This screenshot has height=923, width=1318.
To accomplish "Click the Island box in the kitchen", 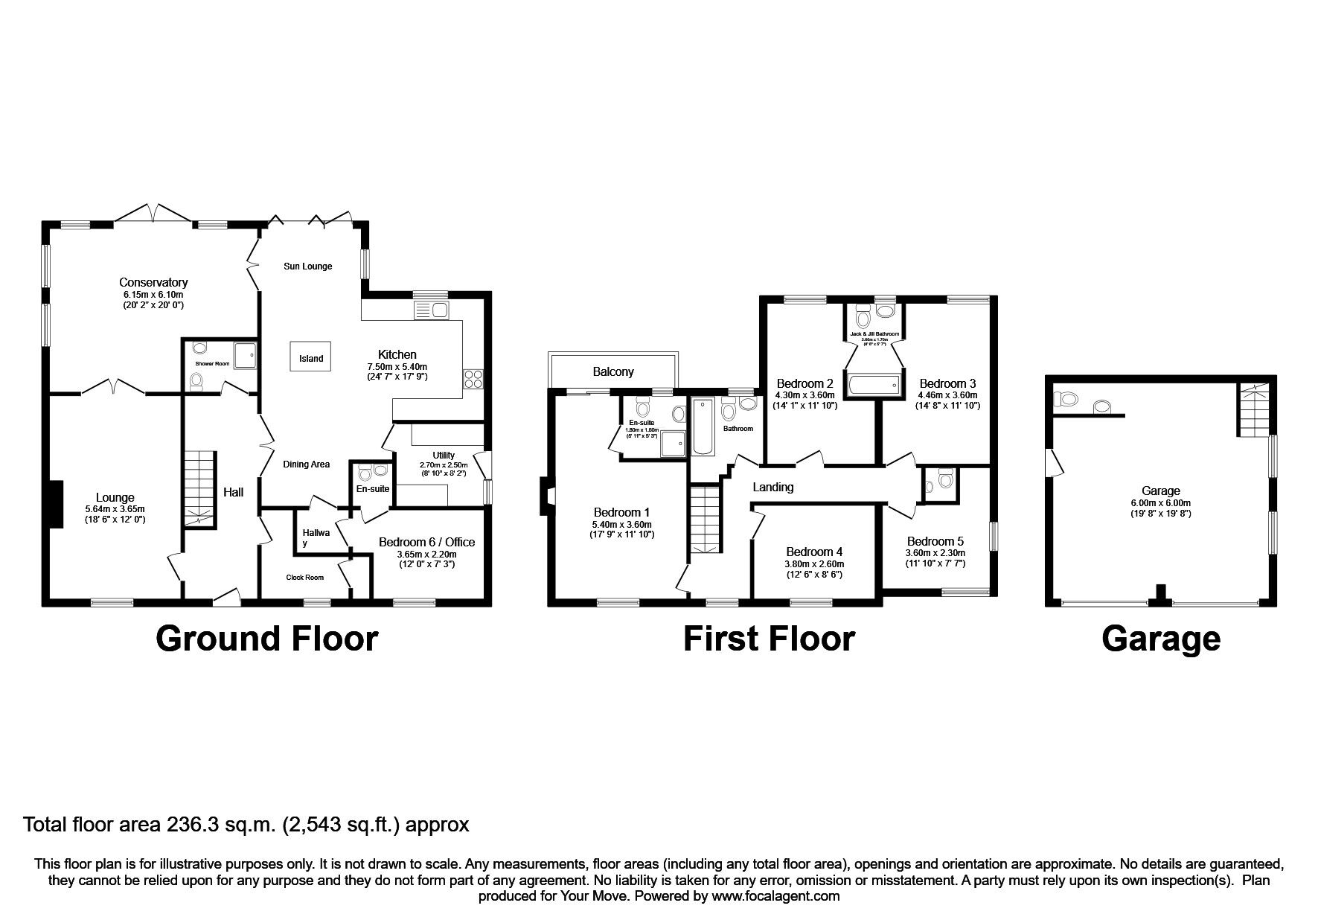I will (310, 358).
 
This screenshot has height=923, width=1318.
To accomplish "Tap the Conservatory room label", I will (153, 282).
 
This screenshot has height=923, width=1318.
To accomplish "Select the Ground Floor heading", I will (266, 639).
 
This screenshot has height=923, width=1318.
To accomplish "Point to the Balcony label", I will (613, 371).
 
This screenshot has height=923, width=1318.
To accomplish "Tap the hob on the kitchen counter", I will (473, 378).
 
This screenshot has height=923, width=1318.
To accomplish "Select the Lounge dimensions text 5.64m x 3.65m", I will (115, 509).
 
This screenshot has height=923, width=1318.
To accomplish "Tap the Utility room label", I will (444, 456).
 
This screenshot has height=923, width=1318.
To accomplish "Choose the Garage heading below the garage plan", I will (1160, 639).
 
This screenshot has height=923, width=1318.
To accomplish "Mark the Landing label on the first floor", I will (772, 487).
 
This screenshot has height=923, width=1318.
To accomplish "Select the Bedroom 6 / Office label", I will (426, 542).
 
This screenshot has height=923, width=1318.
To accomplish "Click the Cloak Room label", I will (305, 577).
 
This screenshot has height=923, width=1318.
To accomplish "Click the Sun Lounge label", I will (307, 266).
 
